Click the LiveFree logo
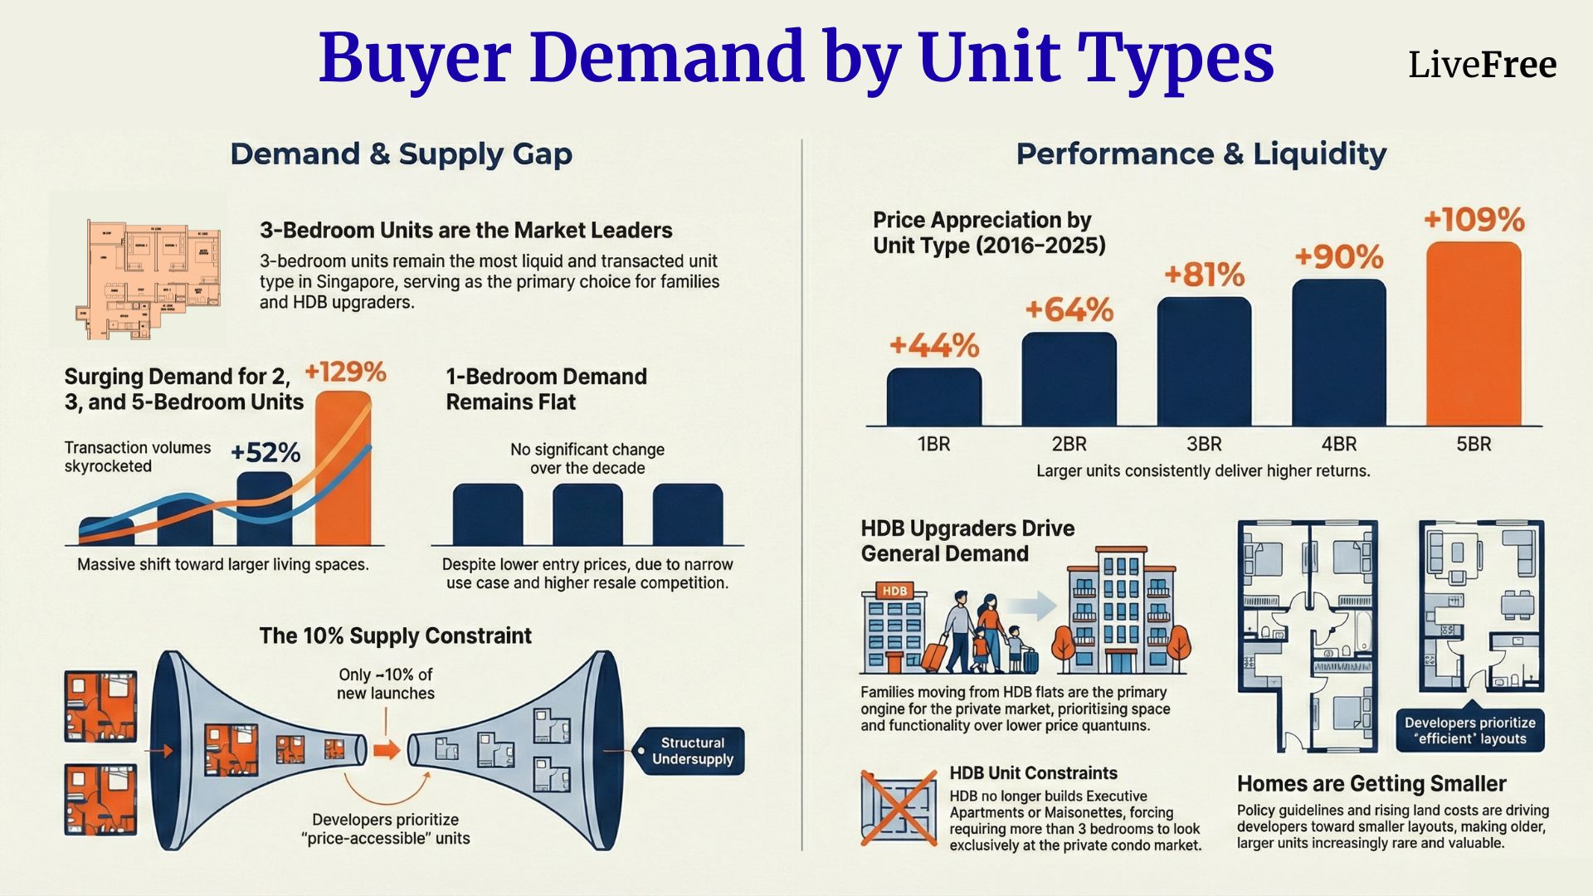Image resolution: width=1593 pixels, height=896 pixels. [1482, 65]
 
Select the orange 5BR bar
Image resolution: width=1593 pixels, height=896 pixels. [1474, 334]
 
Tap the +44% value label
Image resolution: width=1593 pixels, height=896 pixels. [934, 345]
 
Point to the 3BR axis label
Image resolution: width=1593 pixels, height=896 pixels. [1204, 445]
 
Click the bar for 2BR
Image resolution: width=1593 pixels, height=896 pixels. [1069, 379]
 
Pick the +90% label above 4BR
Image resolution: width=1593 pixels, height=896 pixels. [1338, 257]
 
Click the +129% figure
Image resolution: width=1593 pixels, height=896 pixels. [345, 372]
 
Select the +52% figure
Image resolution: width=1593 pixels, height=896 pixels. [265, 453]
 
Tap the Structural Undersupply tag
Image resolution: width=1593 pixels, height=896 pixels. [691, 751]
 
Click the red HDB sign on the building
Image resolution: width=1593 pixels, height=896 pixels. [894, 591]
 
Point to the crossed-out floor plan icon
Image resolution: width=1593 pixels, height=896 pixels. [899, 807]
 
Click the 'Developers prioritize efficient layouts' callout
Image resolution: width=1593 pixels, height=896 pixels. [1469, 731]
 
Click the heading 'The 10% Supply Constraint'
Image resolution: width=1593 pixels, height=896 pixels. [395, 636]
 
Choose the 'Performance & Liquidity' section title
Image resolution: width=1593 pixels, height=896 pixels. [1201, 154]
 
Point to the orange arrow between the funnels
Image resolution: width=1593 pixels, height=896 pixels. [385, 751]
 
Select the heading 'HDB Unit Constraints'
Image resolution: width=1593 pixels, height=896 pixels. [1033, 773]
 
